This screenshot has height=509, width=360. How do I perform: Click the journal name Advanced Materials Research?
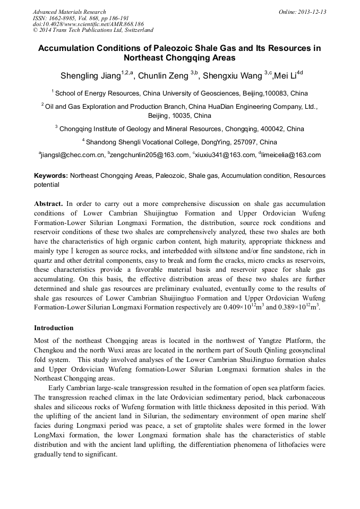click(69, 12)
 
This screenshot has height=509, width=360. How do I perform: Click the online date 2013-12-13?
click(311, 12)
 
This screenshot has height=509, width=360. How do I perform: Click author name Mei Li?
click(284, 76)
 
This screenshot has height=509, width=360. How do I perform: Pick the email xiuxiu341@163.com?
click(225, 156)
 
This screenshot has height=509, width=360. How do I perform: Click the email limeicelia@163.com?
click(290, 156)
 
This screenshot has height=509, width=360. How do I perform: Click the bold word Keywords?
click(51, 176)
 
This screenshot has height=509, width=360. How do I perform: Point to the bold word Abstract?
click(48, 203)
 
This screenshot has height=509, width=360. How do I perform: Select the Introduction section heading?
click(54, 327)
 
